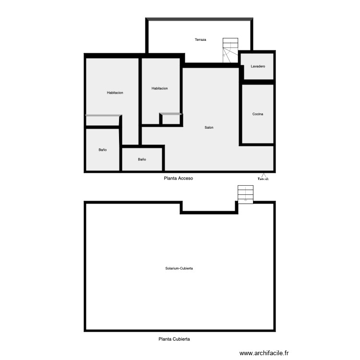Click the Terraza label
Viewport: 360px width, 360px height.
point(200,39)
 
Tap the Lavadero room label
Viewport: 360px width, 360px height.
point(258,66)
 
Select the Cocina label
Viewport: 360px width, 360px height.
point(258,114)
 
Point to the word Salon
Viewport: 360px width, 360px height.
point(209,127)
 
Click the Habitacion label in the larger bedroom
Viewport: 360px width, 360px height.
point(115,93)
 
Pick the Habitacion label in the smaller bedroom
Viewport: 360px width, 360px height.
point(159,88)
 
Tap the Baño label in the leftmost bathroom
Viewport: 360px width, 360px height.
point(102,150)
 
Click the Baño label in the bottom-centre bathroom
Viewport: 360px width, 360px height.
point(142,159)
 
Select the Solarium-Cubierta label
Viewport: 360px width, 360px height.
point(179,268)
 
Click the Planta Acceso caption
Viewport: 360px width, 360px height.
point(178,178)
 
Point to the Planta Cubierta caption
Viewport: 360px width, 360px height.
point(174,339)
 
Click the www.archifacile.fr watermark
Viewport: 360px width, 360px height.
point(264,353)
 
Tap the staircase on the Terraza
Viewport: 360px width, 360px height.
point(230,50)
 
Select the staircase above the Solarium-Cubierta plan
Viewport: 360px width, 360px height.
point(245,194)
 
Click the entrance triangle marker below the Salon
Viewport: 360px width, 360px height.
point(263,176)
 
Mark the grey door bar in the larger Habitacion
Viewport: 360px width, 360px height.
point(103,115)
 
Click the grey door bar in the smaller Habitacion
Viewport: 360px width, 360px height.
point(171,114)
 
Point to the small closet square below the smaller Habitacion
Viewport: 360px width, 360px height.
point(170,120)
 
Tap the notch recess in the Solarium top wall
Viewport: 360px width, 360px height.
point(209,207)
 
